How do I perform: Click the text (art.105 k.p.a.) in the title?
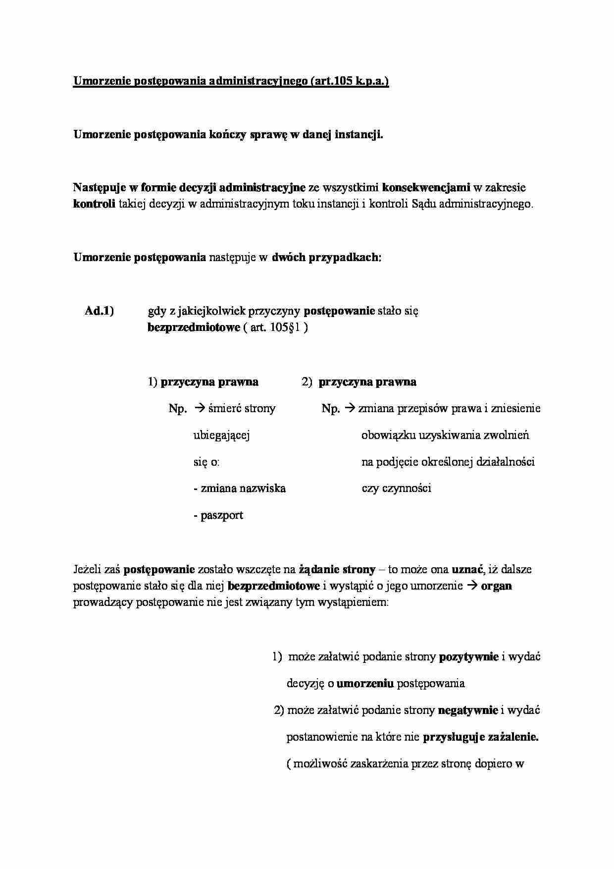(349, 81)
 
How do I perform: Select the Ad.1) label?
(99, 311)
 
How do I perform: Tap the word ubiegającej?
(221, 435)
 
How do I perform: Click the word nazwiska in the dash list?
(262, 489)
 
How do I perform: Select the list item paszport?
(221, 515)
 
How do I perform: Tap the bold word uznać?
(467, 570)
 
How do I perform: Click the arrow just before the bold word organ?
(472, 586)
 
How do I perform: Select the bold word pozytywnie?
(468, 657)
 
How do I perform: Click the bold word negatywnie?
(468, 710)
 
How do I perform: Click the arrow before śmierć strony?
(199, 409)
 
